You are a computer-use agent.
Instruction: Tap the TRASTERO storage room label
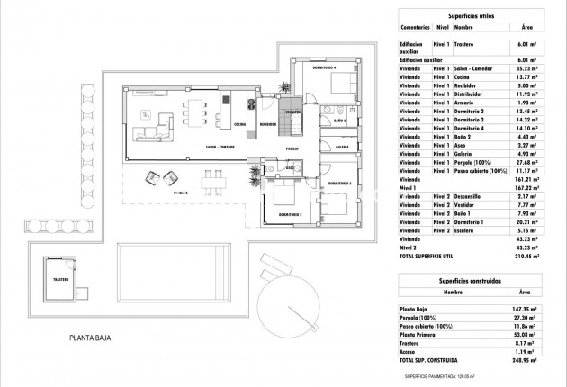click(60, 280)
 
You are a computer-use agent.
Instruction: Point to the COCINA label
click(240, 124)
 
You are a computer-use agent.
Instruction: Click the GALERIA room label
click(342, 146)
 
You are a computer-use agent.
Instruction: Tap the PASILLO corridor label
click(292, 148)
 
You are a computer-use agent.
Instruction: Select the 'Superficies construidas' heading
click(468, 280)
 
